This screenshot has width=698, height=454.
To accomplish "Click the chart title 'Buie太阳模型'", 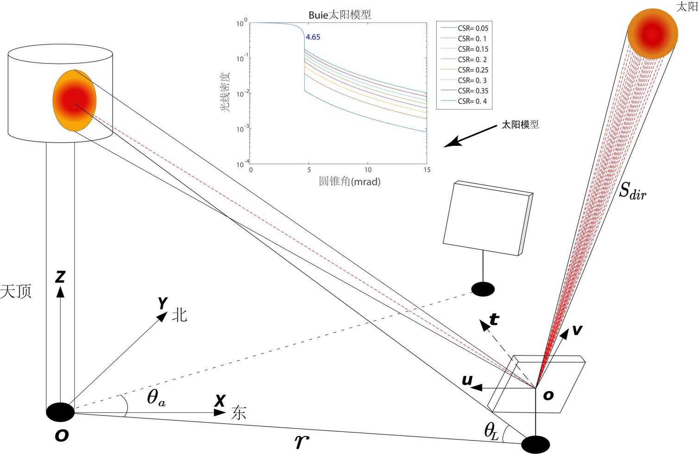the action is (x=340, y=15).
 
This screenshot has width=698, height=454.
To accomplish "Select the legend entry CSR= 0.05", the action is (x=472, y=28).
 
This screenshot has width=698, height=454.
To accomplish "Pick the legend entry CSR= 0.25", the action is (x=472, y=70).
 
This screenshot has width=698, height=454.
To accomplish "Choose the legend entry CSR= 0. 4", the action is (x=472, y=101).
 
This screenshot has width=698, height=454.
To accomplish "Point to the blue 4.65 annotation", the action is (x=313, y=37).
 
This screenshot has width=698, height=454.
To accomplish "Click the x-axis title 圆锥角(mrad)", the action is (x=349, y=181).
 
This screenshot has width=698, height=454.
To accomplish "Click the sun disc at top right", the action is (x=653, y=33).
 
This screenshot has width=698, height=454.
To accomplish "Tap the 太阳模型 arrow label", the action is (x=520, y=124).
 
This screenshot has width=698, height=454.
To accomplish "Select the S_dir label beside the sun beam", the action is (x=632, y=191).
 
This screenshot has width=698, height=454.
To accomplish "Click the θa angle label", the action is (x=156, y=398).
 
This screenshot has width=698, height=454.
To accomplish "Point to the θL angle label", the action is (x=491, y=431).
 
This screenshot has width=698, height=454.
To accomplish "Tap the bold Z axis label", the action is (x=60, y=277).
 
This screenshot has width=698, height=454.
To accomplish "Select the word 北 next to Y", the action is (x=179, y=315).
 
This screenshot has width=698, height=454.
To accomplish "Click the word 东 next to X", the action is (x=239, y=412).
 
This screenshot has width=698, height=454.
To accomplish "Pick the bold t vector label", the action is (x=494, y=319).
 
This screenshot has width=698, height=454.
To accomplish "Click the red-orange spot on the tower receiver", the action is (x=74, y=100).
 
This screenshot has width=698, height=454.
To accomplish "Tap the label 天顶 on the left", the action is (x=16, y=292).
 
